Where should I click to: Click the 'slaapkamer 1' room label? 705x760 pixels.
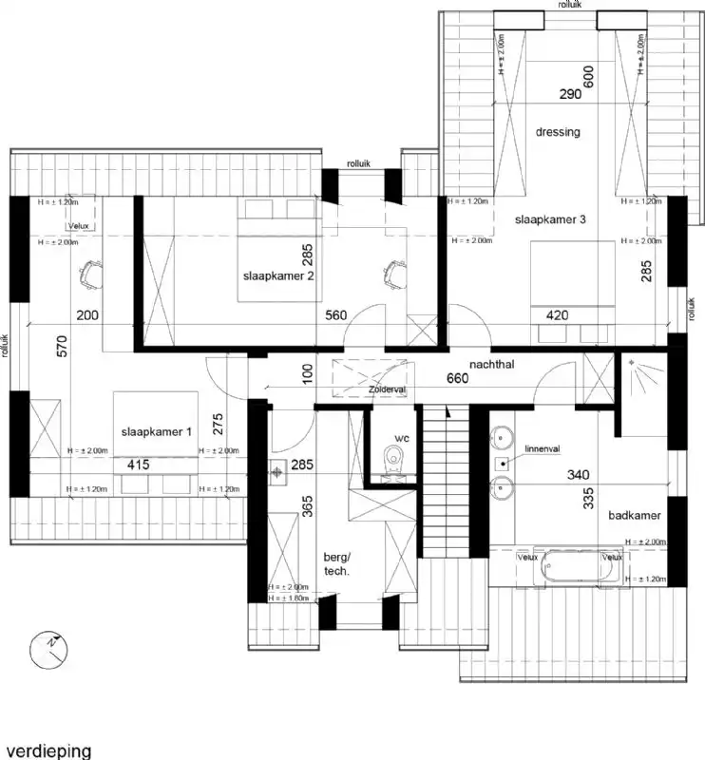pyautogui.click(x=157, y=431)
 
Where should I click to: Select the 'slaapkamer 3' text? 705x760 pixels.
pyautogui.click(x=550, y=219)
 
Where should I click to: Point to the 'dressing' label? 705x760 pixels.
pyautogui.click(x=558, y=132)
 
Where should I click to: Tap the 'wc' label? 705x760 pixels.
pyautogui.click(x=401, y=440)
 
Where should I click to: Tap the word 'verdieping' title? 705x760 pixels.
pyautogui.click(x=47, y=750)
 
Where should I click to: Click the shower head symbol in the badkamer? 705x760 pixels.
pyautogui.click(x=631, y=361)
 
